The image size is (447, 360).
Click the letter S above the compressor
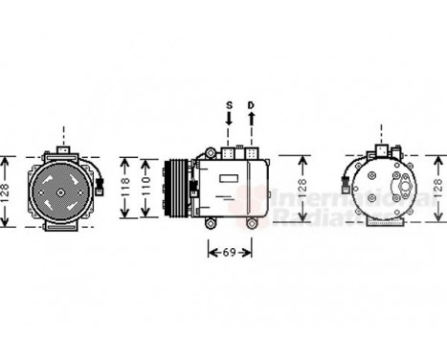coord(229,104)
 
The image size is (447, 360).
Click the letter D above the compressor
coord(252,104)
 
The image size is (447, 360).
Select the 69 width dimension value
coord(230,252)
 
